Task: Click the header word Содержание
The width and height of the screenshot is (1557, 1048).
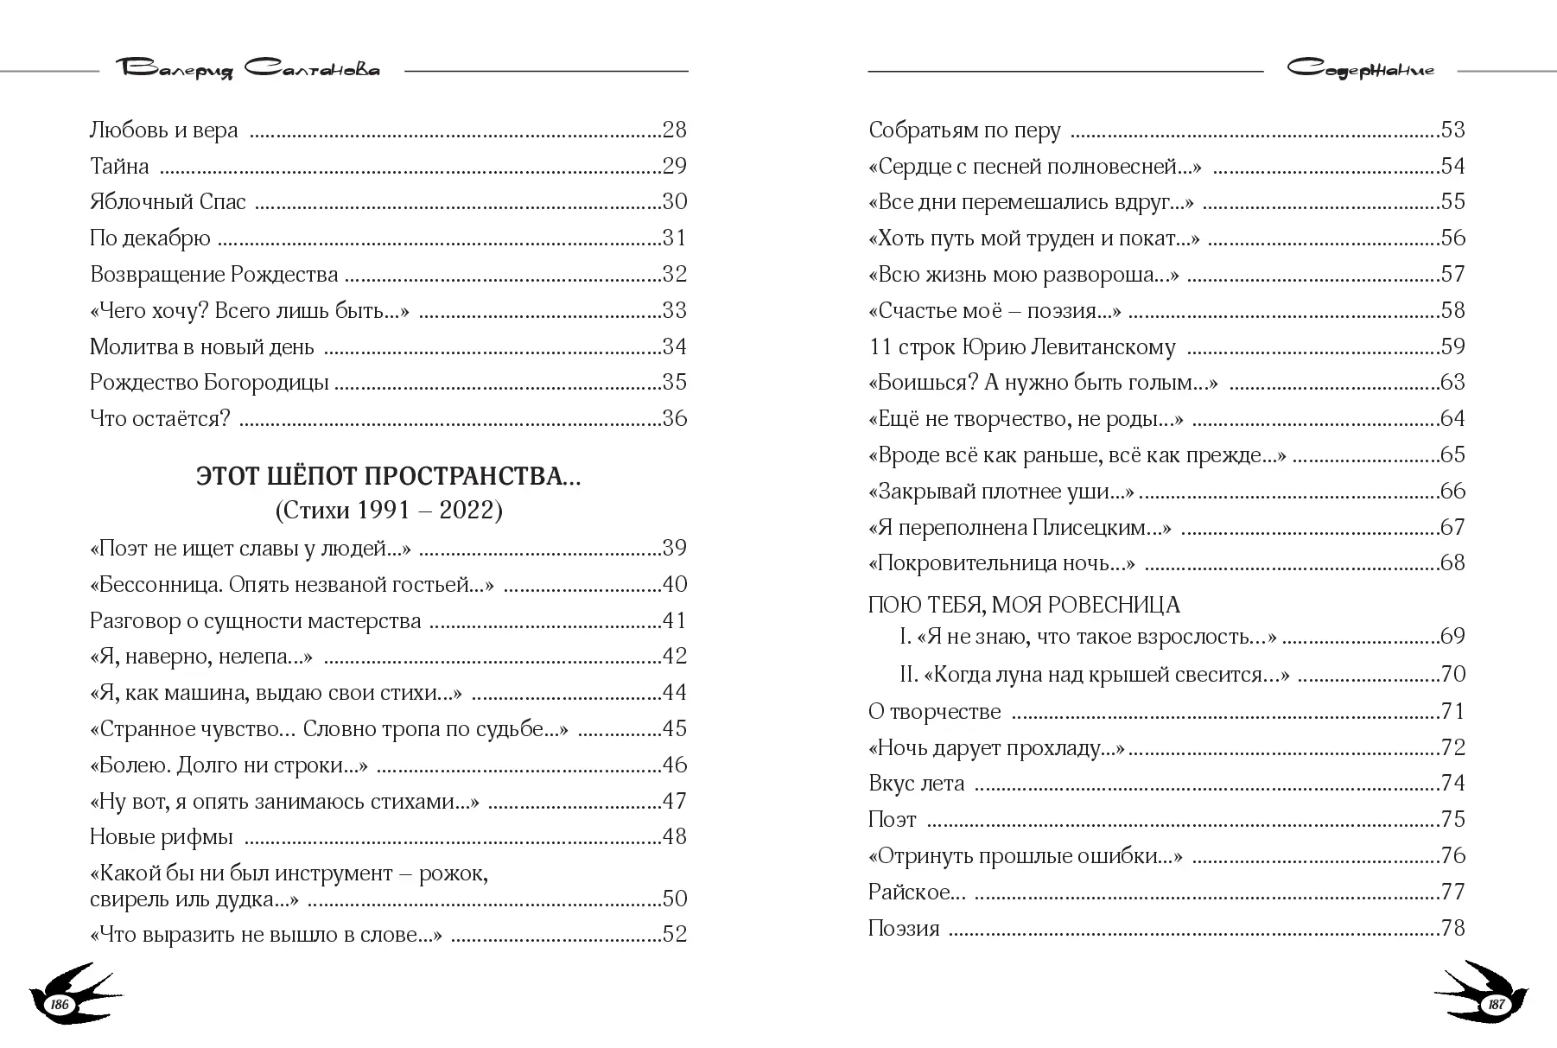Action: [1360, 70]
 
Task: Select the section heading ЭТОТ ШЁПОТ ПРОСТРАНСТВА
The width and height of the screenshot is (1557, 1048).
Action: [388, 477]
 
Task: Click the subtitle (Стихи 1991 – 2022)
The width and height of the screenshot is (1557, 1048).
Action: [388, 511]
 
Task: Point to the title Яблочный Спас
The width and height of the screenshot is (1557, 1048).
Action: [168, 202]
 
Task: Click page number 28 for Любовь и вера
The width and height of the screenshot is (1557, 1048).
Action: [674, 130]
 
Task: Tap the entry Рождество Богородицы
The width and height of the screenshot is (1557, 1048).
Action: [209, 383]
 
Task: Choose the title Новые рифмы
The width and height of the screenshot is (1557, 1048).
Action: [162, 837]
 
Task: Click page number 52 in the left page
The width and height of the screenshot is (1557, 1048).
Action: [674, 935]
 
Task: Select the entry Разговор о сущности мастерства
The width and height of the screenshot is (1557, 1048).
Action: [256, 621]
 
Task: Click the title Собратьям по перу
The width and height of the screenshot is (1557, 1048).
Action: [964, 130]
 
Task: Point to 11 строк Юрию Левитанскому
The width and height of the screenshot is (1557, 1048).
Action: [1021, 347]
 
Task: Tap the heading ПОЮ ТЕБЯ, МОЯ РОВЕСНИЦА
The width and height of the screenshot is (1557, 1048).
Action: [1024, 605]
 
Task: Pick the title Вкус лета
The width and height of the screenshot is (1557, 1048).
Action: [916, 784]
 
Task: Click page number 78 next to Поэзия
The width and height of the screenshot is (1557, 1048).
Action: [1452, 929]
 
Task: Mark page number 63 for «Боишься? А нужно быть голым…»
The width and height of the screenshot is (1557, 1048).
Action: [1452, 383]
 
